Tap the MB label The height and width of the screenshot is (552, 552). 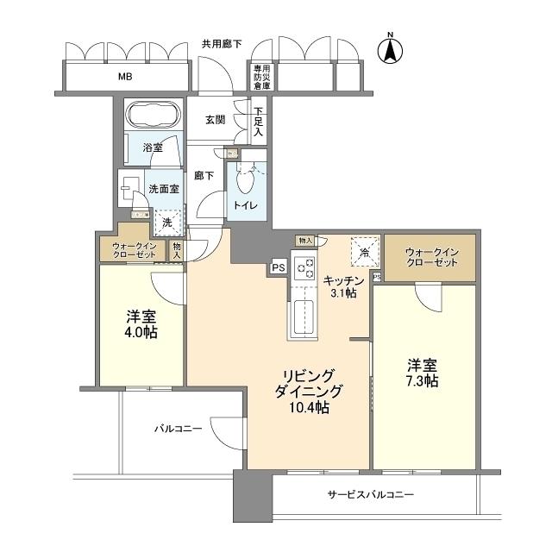[x=125, y=77]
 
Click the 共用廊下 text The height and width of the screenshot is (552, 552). [x=222, y=42]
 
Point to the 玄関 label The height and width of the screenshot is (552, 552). [x=216, y=121]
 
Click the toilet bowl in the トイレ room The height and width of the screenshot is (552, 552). [x=248, y=181]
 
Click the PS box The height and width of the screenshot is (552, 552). [x=278, y=267]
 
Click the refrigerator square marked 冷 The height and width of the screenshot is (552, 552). [x=364, y=252]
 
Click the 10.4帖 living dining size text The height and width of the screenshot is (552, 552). [x=308, y=407]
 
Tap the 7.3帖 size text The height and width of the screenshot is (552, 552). [x=423, y=380]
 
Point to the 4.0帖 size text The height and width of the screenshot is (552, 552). [x=140, y=332]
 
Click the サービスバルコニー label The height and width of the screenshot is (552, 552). [x=370, y=495]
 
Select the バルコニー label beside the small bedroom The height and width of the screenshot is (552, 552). [x=178, y=428]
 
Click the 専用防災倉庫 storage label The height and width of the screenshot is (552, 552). [x=261, y=77]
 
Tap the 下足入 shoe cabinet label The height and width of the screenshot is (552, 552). [x=258, y=122]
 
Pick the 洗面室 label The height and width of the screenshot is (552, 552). [x=163, y=189]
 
